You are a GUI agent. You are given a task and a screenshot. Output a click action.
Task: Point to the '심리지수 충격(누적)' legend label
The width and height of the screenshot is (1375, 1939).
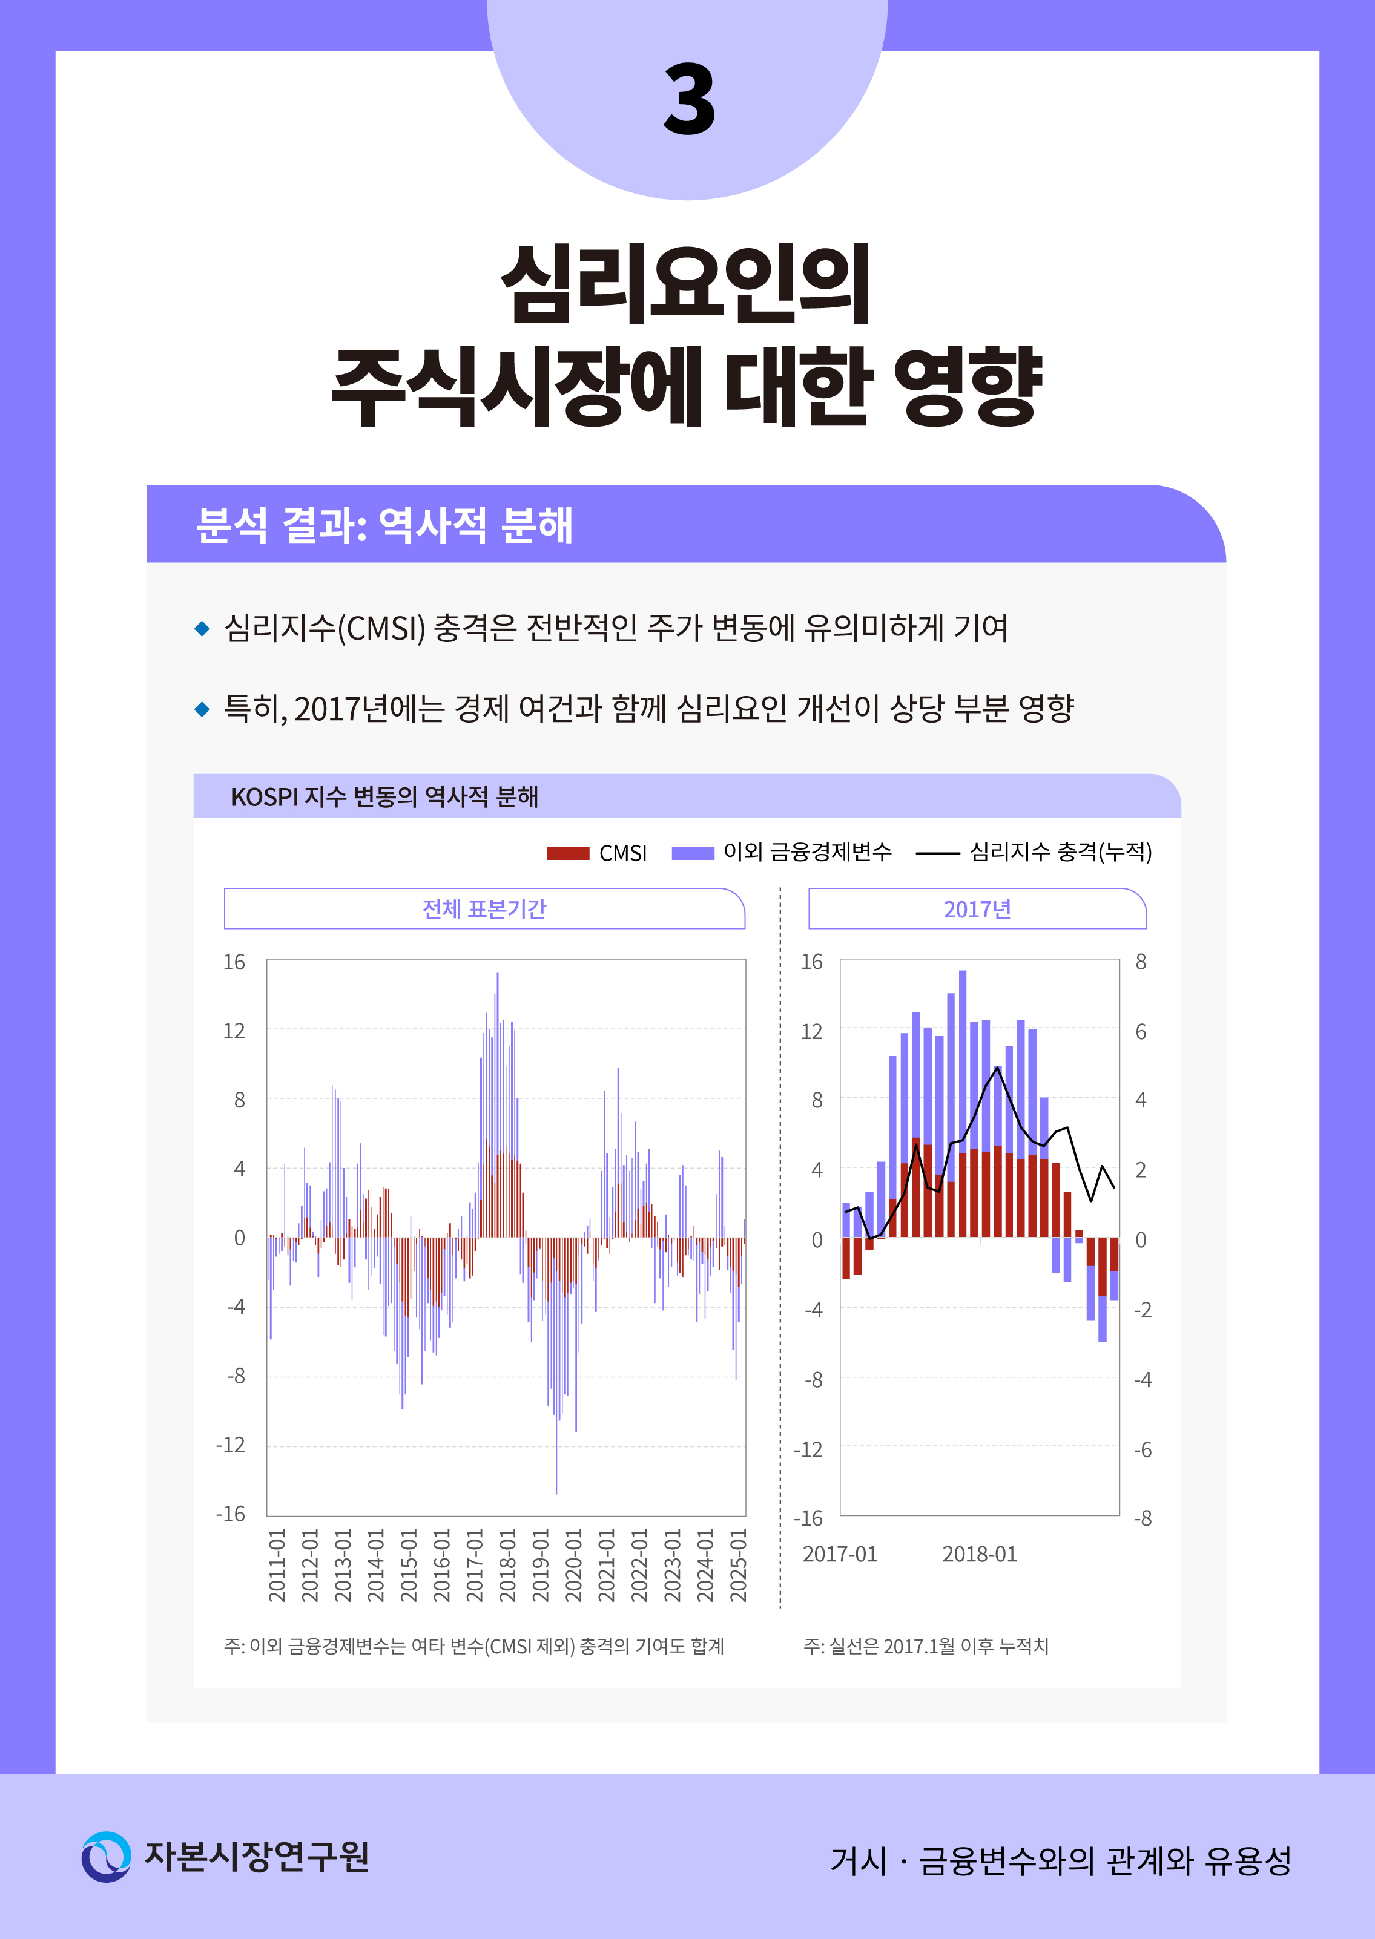(x=1060, y=851)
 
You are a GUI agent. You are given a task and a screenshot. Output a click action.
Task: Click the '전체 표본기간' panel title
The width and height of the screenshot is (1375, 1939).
(x=484, y=909)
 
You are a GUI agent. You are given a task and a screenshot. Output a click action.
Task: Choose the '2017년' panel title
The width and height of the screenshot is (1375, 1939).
(x=977, y=909)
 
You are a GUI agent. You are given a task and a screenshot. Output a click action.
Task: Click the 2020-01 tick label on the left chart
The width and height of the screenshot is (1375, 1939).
(x=574, y=1565)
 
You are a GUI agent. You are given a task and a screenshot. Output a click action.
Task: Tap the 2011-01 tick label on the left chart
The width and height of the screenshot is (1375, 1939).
(x=277, y=1565)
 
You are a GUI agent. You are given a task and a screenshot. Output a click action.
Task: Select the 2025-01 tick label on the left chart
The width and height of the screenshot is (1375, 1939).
(x=738, y=1565)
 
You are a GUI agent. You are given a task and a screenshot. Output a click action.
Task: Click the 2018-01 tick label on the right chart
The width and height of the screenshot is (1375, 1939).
(x=980, y=1554)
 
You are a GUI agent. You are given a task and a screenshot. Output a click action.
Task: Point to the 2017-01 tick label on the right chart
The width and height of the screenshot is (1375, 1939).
(x=840, y=1554)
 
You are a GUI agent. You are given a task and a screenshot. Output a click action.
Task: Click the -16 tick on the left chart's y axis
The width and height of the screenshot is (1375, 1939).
(x=230, y=1514)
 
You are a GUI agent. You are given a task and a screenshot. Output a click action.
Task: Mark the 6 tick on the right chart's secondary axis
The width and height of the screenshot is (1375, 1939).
(x=1141, y=1032)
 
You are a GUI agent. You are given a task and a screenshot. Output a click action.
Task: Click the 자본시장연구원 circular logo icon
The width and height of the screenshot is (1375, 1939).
(x=106, y=1857)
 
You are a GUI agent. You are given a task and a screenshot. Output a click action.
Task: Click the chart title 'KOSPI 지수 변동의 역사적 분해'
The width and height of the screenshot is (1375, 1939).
(x=384, y=796)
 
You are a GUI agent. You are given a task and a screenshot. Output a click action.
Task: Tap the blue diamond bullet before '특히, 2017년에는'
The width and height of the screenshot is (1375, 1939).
(x=202, y=709)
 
